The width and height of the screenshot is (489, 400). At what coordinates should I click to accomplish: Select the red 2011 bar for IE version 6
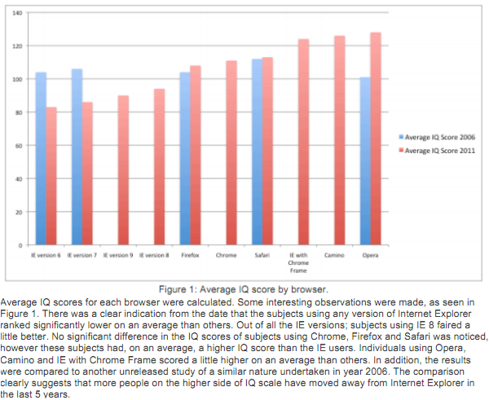point(51,176)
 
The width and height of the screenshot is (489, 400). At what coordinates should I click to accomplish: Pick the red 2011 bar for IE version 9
point(123,170)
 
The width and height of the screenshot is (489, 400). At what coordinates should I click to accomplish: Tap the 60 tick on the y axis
point(18,146)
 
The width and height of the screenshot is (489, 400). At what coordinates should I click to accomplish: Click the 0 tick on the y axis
point(20,244)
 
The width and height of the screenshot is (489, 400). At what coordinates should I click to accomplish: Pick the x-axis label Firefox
point(190,255)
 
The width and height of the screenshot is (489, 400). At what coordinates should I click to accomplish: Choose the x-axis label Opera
point(370,255)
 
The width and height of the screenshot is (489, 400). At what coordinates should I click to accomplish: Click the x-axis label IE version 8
point(153,255)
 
